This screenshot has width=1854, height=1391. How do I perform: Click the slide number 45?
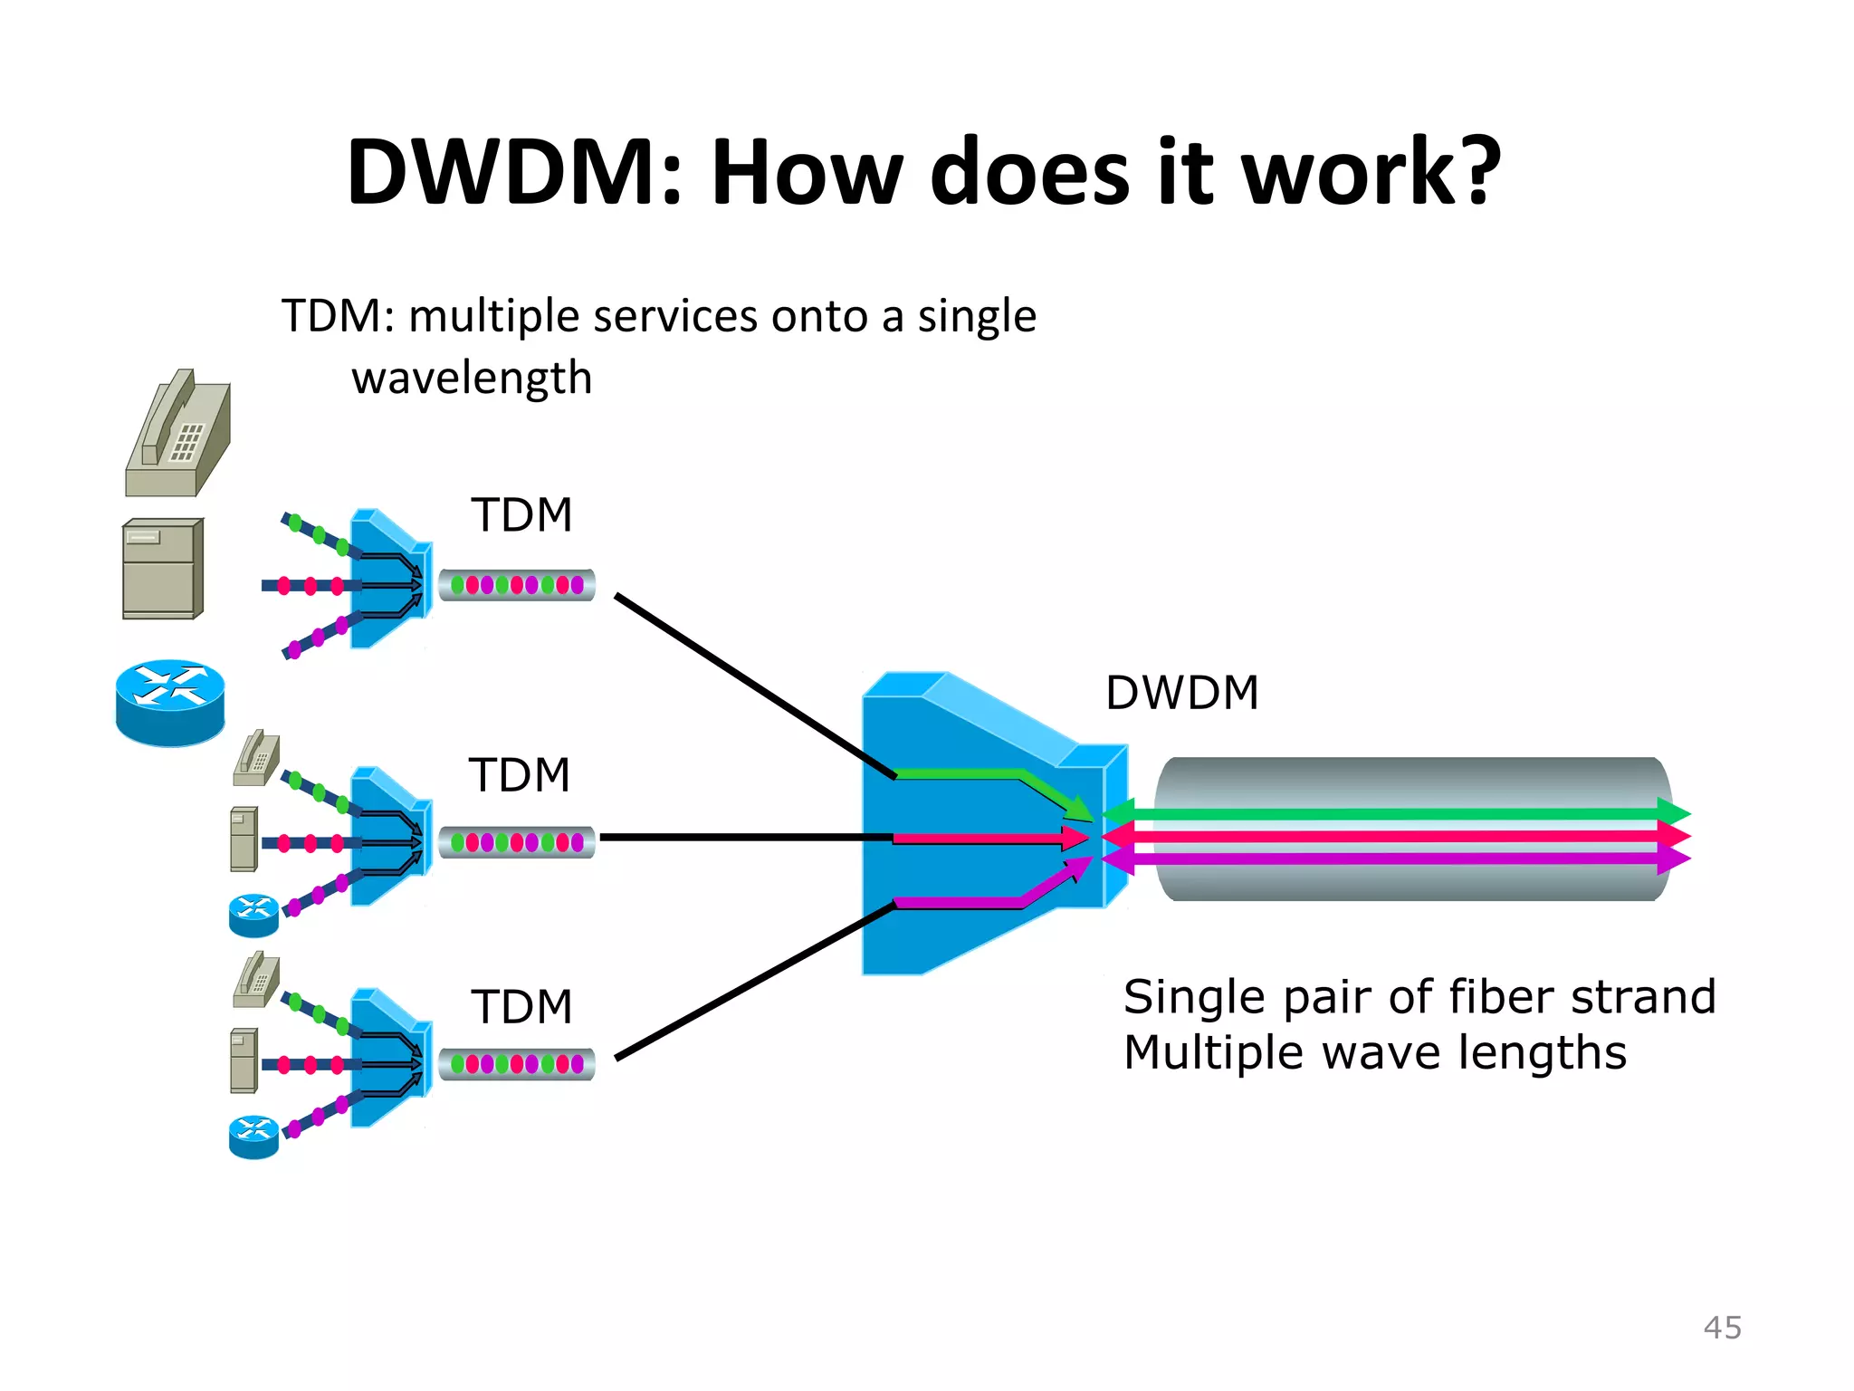pyautogui.click(x=1722, y=1328)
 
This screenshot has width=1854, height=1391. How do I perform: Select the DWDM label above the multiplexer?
pyautogui.click(x=1181, y=693)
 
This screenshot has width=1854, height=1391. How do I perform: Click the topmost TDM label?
pyautogui.click(x=521, y=515)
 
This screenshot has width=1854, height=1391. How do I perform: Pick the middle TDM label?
pyautogui.click(x=520, y=775)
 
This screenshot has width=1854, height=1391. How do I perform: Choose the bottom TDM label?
pyautogui.click(x=521, y=1007)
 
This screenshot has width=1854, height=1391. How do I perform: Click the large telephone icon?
pyautogui.click(x=178, y=435)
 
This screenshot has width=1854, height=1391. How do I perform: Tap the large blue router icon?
pyautogui.click(x=170, y=702)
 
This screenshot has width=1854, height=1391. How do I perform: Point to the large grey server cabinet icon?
pyautogui.click(x=163, y=569)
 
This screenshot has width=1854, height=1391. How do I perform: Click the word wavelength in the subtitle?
pyautogui.click(x=472, y=379)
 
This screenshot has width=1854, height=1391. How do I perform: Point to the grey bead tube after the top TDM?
pyautogui.click(x=517, y=585)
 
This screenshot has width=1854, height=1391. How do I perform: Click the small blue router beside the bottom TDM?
pyautogui.click(x=253, y=1137)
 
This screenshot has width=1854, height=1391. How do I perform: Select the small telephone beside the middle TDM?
pyautogui.click(x=256, y=759)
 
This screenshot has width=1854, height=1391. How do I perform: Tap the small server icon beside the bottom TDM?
pyautogui.click(x=244, y=1060)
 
